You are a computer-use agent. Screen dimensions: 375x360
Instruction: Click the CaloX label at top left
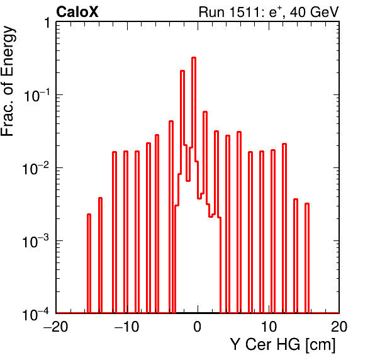[x=77, y=12]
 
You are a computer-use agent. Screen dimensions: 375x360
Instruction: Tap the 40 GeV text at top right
[x=315, y=12]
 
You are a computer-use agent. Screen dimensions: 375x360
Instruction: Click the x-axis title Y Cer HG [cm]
[x=283, y=345]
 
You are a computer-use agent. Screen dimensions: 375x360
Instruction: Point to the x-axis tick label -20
[x=55, y=327]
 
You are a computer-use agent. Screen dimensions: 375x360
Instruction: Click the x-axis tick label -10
[x=126, y=327]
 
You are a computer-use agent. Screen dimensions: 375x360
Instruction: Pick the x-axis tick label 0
[x=198, y=327]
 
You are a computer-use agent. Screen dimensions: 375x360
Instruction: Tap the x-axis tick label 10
[x=269, y=327]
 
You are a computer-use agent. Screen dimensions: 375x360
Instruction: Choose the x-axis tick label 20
[x=339, y=327]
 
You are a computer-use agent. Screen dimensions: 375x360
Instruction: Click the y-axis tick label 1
[x=47, y=23]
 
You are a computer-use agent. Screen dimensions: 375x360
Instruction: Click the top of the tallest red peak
[x=194, y=58]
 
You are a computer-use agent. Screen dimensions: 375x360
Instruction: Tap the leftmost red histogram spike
[x=89, y=263]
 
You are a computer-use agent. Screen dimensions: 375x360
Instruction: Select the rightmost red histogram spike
[x=307, y=258]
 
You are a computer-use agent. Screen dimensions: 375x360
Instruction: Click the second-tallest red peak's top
[x=182, y=70]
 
